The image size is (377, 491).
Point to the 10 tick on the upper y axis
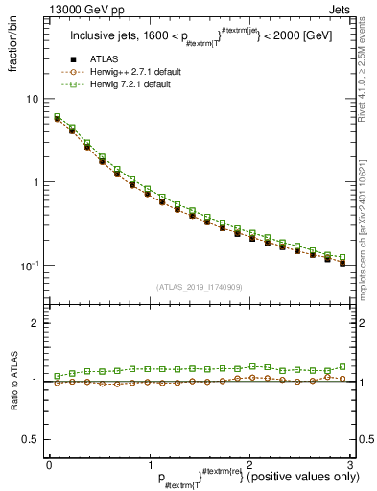(33, 99)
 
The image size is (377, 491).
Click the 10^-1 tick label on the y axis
(30, 265)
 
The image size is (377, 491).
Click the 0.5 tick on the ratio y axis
(32, 439)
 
